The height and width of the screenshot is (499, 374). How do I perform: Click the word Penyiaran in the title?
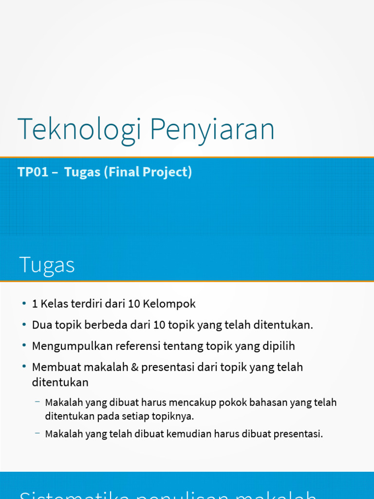212,129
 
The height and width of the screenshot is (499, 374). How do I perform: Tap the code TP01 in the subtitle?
33,172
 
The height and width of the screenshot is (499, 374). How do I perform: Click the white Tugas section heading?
47,265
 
